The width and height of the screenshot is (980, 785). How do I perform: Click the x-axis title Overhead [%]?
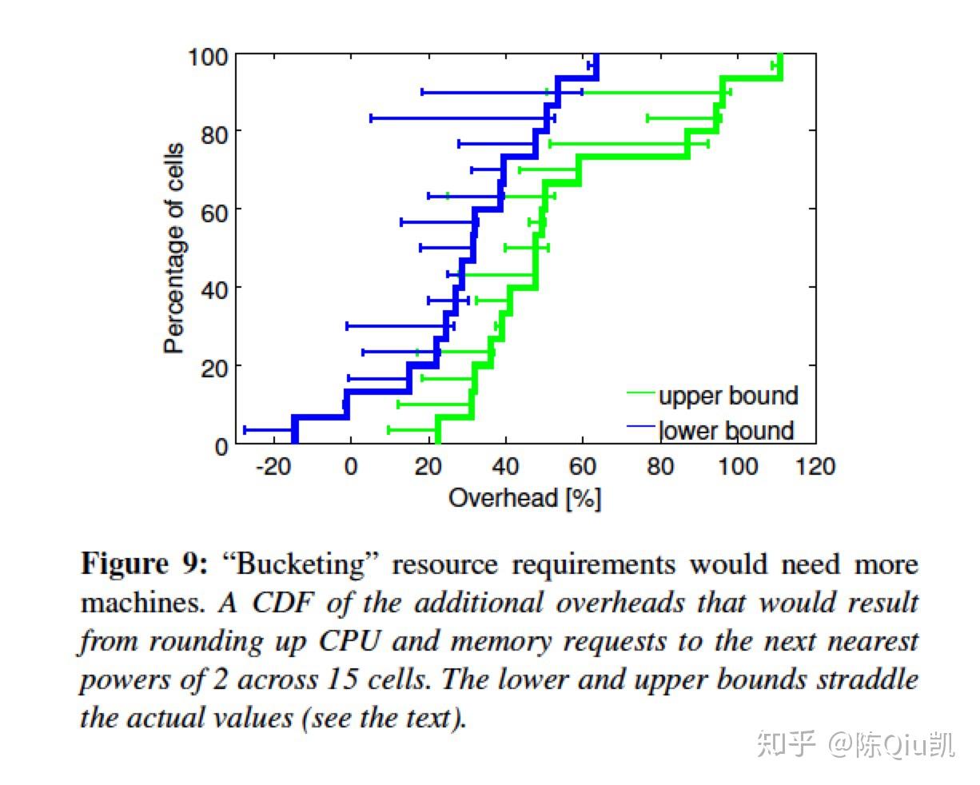[524, 498]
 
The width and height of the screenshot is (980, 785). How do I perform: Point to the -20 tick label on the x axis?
[273, 466]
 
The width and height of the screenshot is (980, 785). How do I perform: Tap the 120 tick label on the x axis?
[815, 466]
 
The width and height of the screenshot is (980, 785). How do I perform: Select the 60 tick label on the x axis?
[583, 466]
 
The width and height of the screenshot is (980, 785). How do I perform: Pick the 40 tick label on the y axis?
[213, 289]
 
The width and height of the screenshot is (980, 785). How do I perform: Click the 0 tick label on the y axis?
[221, 445]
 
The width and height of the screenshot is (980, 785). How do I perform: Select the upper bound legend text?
[727, 396]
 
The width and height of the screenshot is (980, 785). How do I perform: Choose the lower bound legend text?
[726, 430]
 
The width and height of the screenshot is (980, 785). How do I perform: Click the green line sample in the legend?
[641, 393]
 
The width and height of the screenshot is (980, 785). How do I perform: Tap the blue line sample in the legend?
[641, 427]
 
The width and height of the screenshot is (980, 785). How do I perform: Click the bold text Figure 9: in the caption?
[144, 564]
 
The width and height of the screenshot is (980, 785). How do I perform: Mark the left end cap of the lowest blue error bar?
[245, 430]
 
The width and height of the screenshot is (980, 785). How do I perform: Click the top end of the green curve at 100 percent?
[780, 56]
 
